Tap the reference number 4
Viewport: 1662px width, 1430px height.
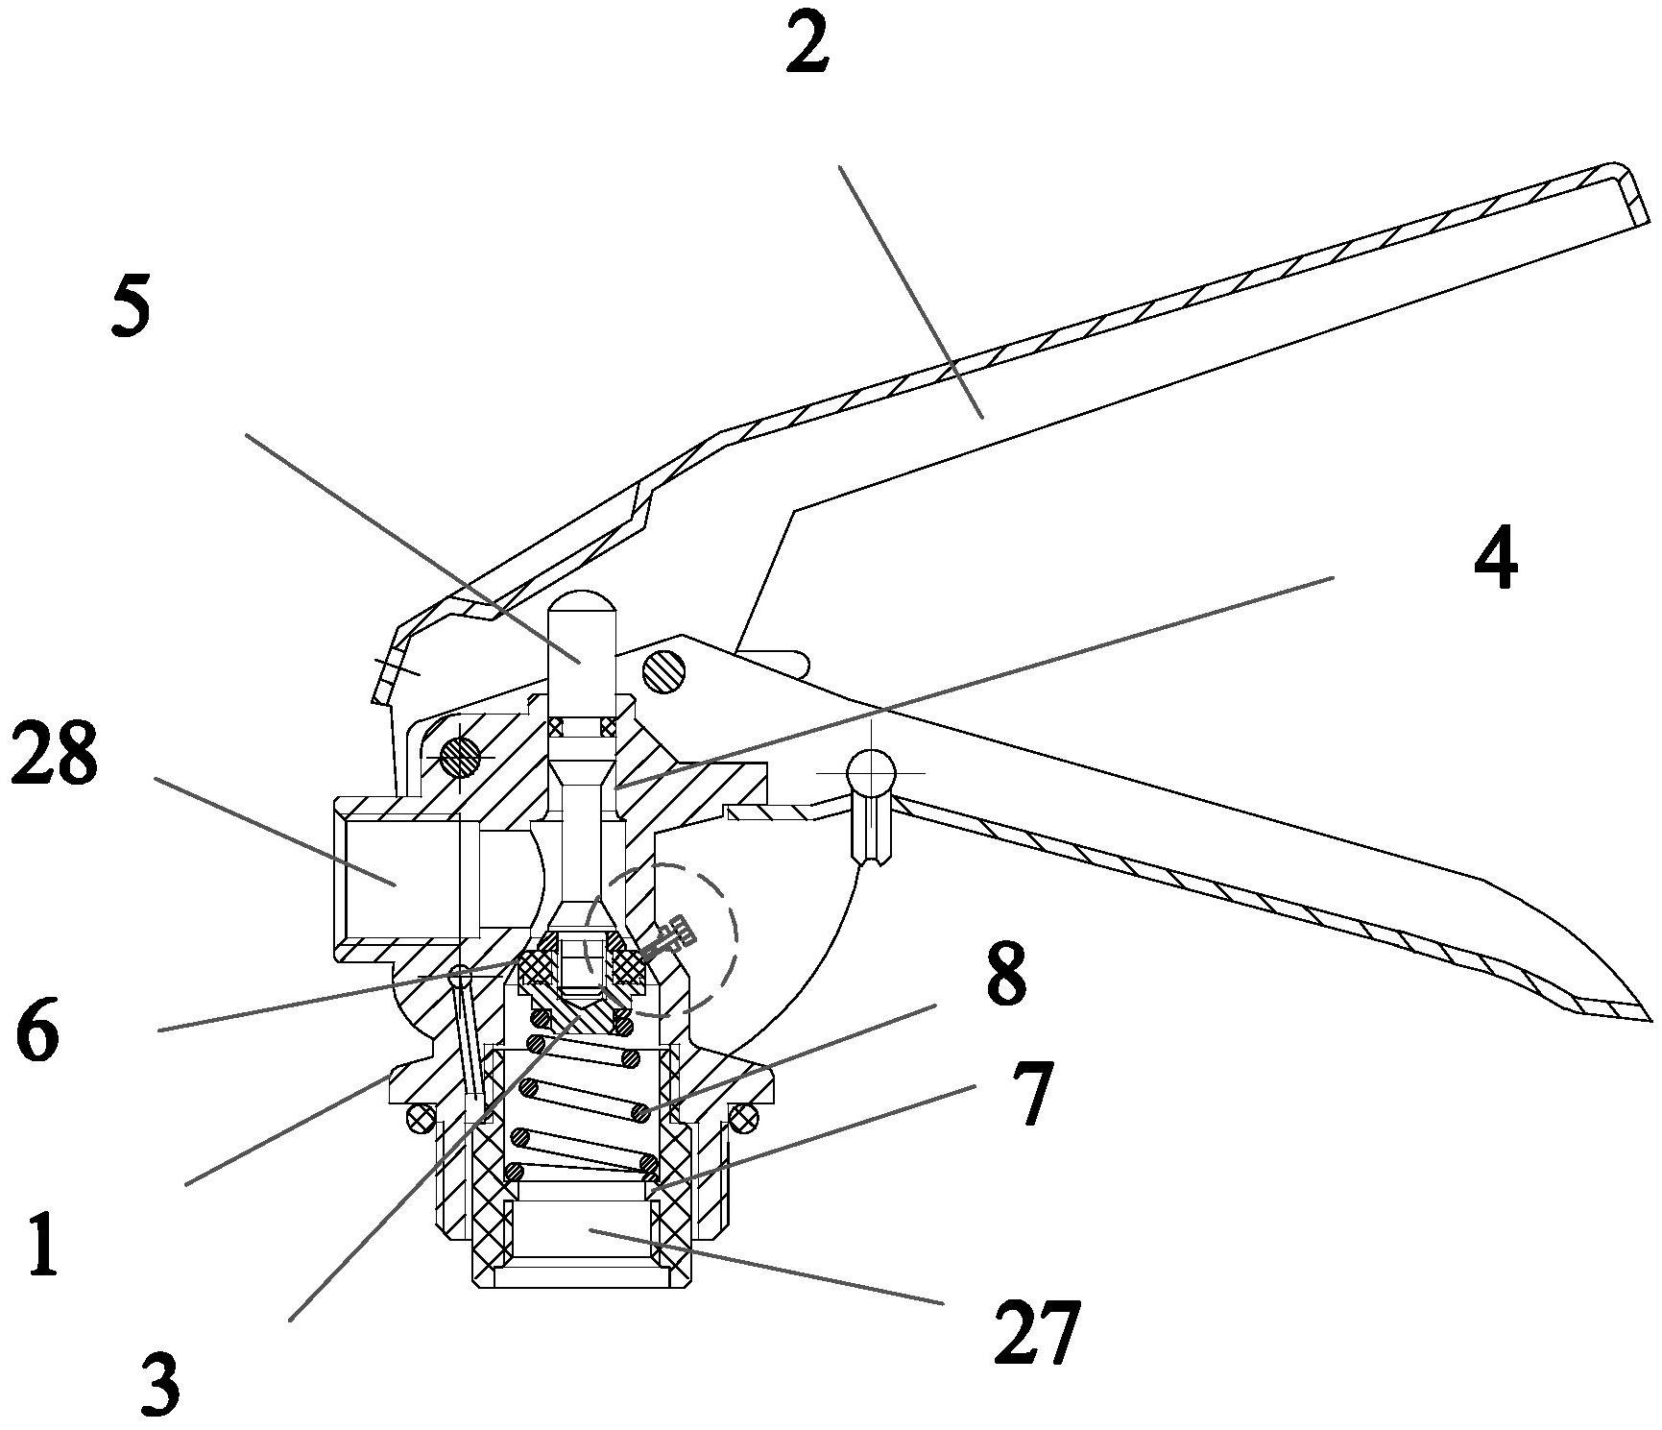(1496, 558)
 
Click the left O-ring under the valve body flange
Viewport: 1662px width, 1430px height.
(419, 1116)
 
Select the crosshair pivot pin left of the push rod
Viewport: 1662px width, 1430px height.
(460, 756)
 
